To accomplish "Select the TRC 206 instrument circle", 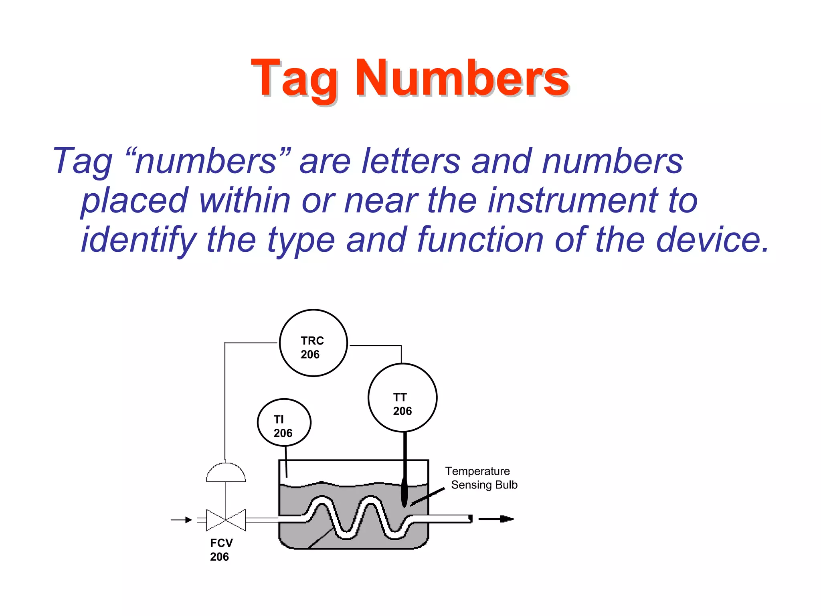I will pos(313,343).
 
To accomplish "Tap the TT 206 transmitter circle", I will pos(402,398).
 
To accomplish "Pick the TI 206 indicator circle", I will pos(284,423).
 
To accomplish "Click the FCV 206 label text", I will pos(221,550).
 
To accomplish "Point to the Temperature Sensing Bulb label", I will pos(481,478).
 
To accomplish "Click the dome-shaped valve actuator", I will pos(226,473).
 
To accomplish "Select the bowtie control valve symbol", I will pos(226,520).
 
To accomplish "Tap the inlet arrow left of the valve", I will pos(182,520).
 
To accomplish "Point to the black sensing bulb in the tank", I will pos(404,492).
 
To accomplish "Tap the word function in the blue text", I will pos(480,239).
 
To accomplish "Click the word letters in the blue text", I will pos(411,161).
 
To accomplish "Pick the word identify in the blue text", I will pos(138,239).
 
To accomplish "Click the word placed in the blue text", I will pos(134,201).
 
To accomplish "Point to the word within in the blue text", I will pos(245,201).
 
